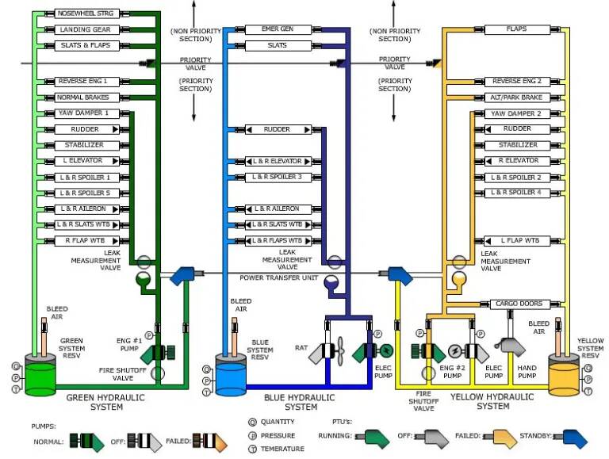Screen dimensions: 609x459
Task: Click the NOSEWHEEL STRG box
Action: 86,13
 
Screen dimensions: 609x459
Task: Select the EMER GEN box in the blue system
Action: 278,29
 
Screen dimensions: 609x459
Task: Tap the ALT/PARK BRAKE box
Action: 517,98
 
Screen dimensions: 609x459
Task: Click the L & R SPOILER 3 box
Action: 278,177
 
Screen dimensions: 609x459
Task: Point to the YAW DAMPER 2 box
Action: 517,114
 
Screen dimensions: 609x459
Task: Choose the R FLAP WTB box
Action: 86,241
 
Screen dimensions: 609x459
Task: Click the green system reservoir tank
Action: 40,375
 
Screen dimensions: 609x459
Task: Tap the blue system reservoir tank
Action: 231,375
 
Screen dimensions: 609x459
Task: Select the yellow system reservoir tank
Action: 564,375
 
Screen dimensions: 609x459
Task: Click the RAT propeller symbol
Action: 341,351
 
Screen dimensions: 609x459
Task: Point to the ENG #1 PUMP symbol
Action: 157,353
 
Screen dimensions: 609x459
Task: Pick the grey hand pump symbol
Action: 510,346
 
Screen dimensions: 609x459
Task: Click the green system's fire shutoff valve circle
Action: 157,373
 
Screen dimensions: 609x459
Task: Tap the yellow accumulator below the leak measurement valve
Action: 458,278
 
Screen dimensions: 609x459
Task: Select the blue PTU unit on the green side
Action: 182,275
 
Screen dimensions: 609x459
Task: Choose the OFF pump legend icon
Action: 145,441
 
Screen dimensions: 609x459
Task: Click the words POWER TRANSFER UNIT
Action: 279,278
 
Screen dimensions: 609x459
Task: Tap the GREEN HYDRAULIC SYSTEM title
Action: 105,402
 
